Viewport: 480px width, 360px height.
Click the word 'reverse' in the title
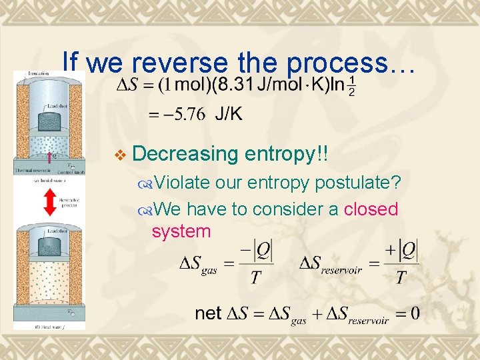pyautogui.click(x=174, y=63)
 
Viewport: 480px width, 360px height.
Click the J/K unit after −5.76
pyautogui.click(x=228, y=115)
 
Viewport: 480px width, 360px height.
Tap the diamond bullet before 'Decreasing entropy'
pyautogui.click(x=119, y=155)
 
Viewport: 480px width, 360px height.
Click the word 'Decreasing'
pyautogui.click(x=186, y=154)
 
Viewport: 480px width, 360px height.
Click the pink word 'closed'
pyautogui.click(x=371, y=209)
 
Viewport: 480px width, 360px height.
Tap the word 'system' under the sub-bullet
pyautogui.click(x=181, y=231)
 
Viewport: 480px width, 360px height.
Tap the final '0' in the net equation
pyautogui.click(x=415, y=313)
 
